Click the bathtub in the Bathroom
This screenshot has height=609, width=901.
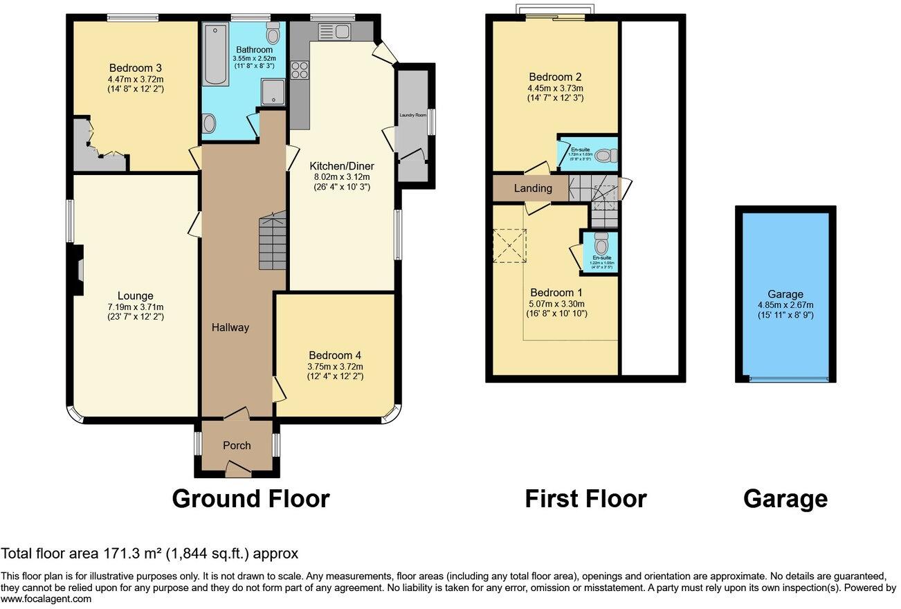pyautogui.click(x=216, y=53)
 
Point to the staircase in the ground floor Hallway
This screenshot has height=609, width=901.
pyautogui.click(x=273, y=242)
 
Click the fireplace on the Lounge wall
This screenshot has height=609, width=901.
pyautogui.click(x=79, y=269)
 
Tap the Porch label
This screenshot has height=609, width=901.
pyautogui.click(x=237, y=445)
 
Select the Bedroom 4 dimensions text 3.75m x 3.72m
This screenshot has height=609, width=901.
pyautogui.click(x=336, y=367)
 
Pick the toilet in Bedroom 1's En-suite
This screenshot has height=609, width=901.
pyautogui.click(x=601, y=243)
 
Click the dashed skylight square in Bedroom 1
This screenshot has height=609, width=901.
pyautogui.click(x=509, y=246)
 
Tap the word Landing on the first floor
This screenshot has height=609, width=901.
pyautogui.click(x=533, y=188)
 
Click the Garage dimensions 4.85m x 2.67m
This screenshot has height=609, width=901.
pyautogui.click(x=785, y=305)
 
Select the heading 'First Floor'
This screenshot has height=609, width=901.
pyautogui.click(x=585, y=498)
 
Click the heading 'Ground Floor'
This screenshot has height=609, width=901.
pyautogui.click(x=251, y=498)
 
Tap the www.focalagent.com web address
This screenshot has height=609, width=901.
pyautogui.click(x=46, y=599)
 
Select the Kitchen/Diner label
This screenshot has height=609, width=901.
pyautogui.click(x=341, y=166)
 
